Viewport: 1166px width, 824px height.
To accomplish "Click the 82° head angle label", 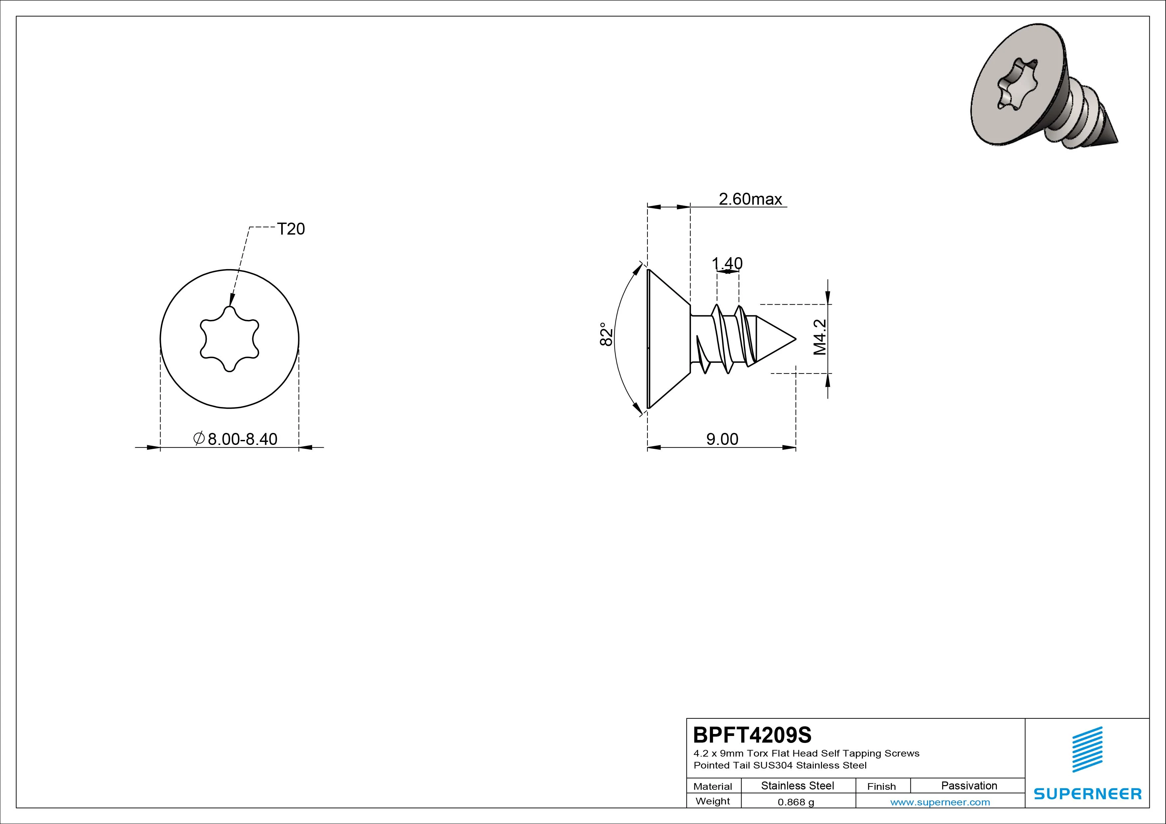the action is tap(606, 334).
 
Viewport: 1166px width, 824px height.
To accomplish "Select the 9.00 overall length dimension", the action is tap(722, 439).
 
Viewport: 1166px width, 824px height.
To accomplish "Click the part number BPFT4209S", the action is tap(752, 735).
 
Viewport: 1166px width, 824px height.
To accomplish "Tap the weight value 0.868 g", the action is tap(796, 802).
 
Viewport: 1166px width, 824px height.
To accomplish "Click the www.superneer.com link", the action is tap(940, 802).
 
